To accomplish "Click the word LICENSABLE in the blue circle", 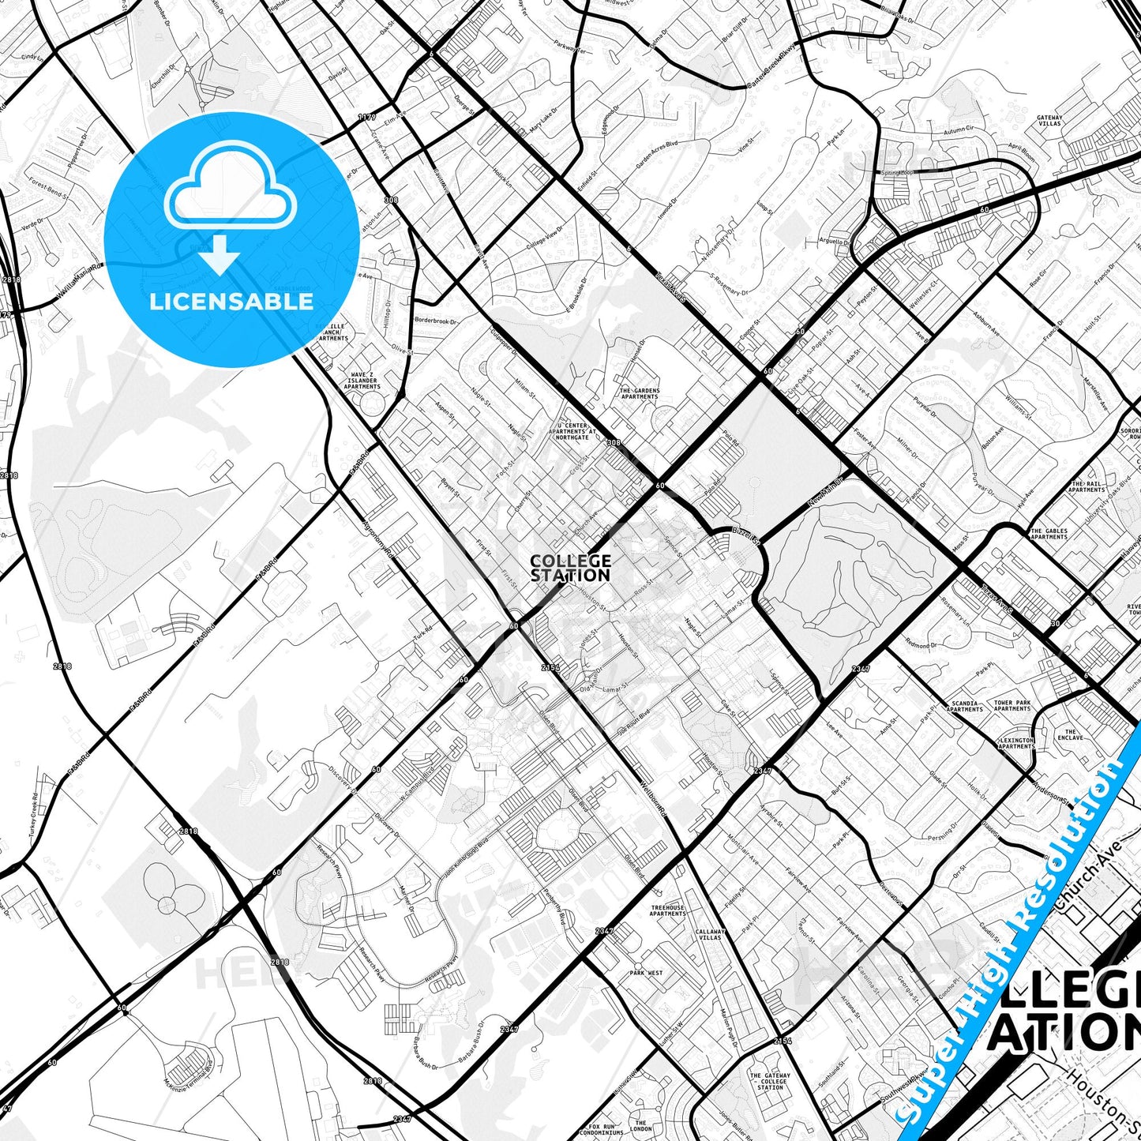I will pyautogui.click(x=231, y=302).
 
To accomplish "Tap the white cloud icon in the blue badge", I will pyautogui.click(x=230, y=194).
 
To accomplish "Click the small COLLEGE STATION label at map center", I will pyautogui.click(x=570, y=568).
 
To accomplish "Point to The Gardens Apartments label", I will pyautogui.click(x=639, y=393).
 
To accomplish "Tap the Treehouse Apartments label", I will pyautogui.click(x=668, y=910).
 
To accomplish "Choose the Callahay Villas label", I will pyautogui.click(x=710, y=935).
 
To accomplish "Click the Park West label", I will pyautogui.click(x=646, y=973).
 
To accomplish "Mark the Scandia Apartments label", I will pyautogui.click(x=965, y=706).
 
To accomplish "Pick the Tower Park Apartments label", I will pyautogui.click(x=1012, y=706).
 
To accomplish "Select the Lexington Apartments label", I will pyautogui.click(x=1016, y=743).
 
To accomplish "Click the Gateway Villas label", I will pyautogui.click(x=1049, y=121).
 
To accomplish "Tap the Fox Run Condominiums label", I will pyautogui.click(x=601, y=1129).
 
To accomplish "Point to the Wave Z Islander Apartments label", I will pyautogui.click(x=362, y=381).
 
